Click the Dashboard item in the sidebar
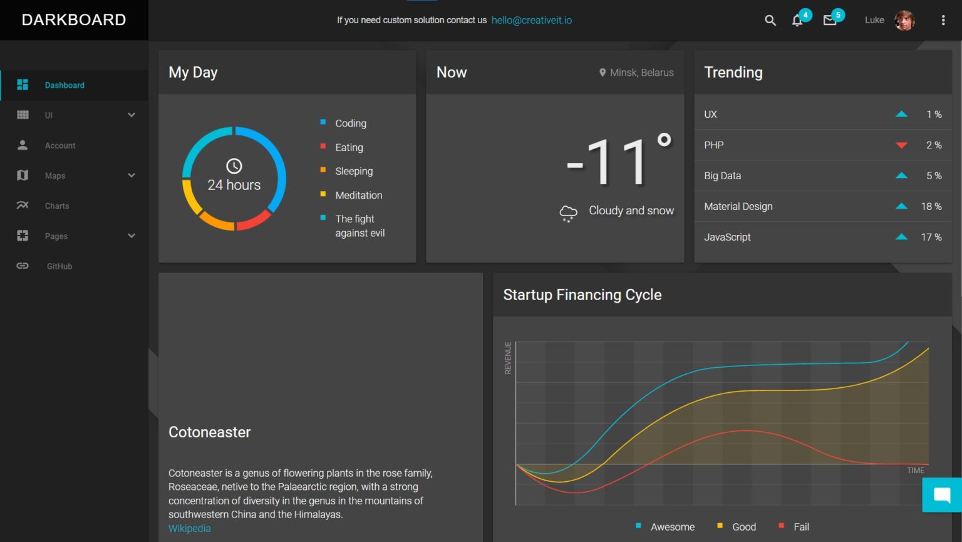click(64, 85)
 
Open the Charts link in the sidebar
click(57, 206)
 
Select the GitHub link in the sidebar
click(59, 266)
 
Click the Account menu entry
click(60, 145)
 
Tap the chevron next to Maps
click(132, 175)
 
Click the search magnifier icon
click(770, 20)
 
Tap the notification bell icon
click(797, 21)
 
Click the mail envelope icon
click(830, 21)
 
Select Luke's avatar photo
click(904, 20)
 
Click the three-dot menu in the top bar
click(943, 20)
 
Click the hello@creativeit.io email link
click(531, 20)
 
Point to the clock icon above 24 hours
click(234, 166)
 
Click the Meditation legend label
click(359, 195)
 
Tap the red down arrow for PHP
click(901, 145)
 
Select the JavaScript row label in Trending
click(727, 237)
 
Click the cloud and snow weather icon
click(568, 213)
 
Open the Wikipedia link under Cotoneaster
click(189, 529)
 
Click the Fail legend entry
click(801, 527)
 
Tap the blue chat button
click(942, 495)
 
